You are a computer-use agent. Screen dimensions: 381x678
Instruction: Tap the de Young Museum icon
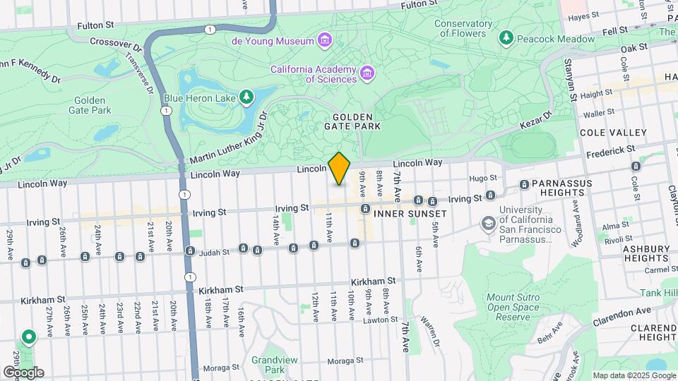coord(324,40)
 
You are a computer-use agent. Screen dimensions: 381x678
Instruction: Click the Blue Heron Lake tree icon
coord(246,97)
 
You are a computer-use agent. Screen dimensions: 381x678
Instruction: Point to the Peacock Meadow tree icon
coord(505,39)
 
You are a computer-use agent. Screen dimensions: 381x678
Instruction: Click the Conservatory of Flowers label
coord(463,28)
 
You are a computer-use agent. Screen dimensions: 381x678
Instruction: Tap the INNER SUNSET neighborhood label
coord(410,213)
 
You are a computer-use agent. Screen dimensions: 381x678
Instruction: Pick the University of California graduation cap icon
coord(487,224)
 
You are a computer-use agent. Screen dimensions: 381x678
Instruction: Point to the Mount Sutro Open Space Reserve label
coord(514,307)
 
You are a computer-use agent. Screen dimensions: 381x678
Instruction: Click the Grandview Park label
coord(268,365)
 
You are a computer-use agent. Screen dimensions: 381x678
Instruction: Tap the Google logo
coord(23,372)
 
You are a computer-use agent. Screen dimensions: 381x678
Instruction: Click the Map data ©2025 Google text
coord(634,375)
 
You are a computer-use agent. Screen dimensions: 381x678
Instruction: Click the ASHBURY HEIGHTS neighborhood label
coord(646,253)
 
